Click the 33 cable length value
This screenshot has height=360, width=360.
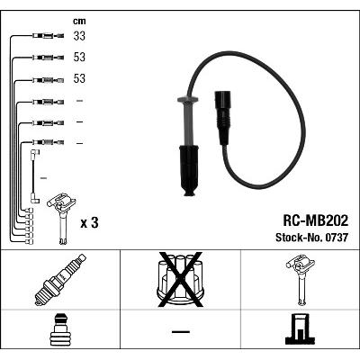pyautogui.click(x=79, y=36)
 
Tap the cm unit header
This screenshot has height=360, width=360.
pyautogui.click(x=79, y=21)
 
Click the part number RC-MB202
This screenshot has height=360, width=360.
pyautogui.click(x=316, y=220)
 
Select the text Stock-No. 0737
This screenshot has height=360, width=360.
pyautogui.click(x=312, y=238)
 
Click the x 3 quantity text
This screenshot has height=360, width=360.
pyautogui.click(x=89, y=223)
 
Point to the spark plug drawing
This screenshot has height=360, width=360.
pyautogui.click(x=60, y=279)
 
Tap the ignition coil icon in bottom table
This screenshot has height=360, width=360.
pyautogui.click(x=301, y=280)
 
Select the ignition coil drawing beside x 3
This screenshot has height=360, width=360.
pyautogui.click(x=61, y=219)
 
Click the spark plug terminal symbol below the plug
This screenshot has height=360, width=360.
pyautogui.click(x=60, y=329)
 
